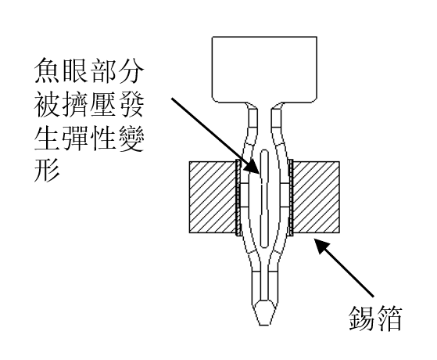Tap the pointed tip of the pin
point(264,325)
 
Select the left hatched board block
point(213,197)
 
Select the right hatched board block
point(316,197)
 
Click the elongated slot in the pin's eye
point(264,199)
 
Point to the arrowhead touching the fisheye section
point(253,167)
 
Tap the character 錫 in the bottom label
point(361,319)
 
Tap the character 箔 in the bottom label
point(389,319)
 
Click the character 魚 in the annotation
point(47,70)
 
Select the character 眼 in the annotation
point(75,70)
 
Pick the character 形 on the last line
point(47,170)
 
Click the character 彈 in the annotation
point(75,137)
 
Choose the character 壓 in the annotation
point(103,103)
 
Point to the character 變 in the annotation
point(131,137)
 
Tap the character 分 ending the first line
point(131,70)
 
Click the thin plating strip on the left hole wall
point(238,197)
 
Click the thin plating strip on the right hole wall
point(291,197)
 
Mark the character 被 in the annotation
point(47,103)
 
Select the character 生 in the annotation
point(47,137)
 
